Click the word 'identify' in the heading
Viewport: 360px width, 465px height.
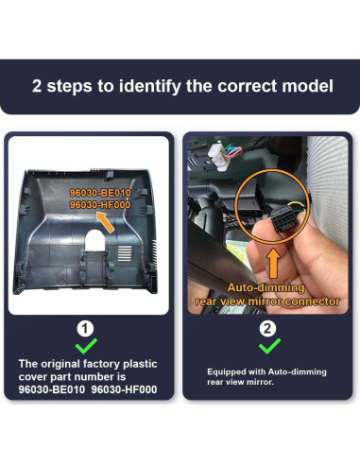click(x=150, y=86)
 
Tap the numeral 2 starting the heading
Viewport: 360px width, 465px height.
click(x=37, y=86)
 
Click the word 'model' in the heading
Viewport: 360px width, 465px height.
click(x=307, y=86)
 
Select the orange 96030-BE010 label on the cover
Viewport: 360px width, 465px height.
click(x=100, y=193)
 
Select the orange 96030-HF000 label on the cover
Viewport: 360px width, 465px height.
click(x=100, y=205)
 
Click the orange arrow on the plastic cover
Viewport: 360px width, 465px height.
click(x=106, y=222)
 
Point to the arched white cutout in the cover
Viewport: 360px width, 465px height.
click(x=95, y=240)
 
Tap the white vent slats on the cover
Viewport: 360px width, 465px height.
click(x=125, y=253)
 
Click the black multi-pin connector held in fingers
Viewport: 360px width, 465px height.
click(x=283, y=218)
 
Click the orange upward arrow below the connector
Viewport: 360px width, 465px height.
click(x=273, y=264)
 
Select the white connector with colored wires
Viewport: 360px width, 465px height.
click(x=219, y=156)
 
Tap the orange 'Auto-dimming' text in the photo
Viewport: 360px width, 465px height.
click(x=266, y=288)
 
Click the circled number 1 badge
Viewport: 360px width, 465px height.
click(x=85, y=329)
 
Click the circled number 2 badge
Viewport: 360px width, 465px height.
click(x=267, y=329)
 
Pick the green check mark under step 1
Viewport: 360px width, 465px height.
click(x=86, y=346)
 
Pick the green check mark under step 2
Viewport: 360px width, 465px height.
click(x=269, y=346)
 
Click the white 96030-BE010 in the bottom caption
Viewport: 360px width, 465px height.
click(x=52, y=389)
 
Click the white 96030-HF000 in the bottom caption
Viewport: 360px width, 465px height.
click(x=124, y=389)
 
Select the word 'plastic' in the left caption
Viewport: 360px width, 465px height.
click(x=140, y=365)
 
